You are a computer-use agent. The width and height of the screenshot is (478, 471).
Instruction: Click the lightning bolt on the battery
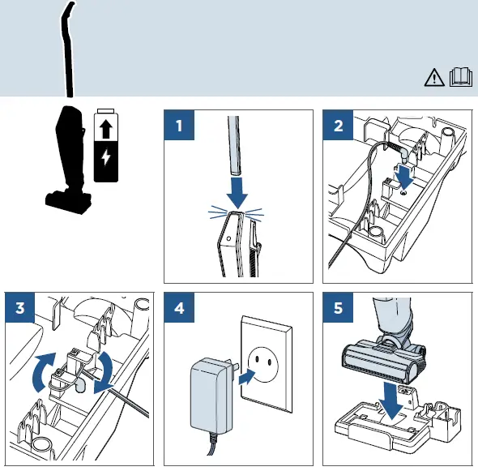click(105, 156)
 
